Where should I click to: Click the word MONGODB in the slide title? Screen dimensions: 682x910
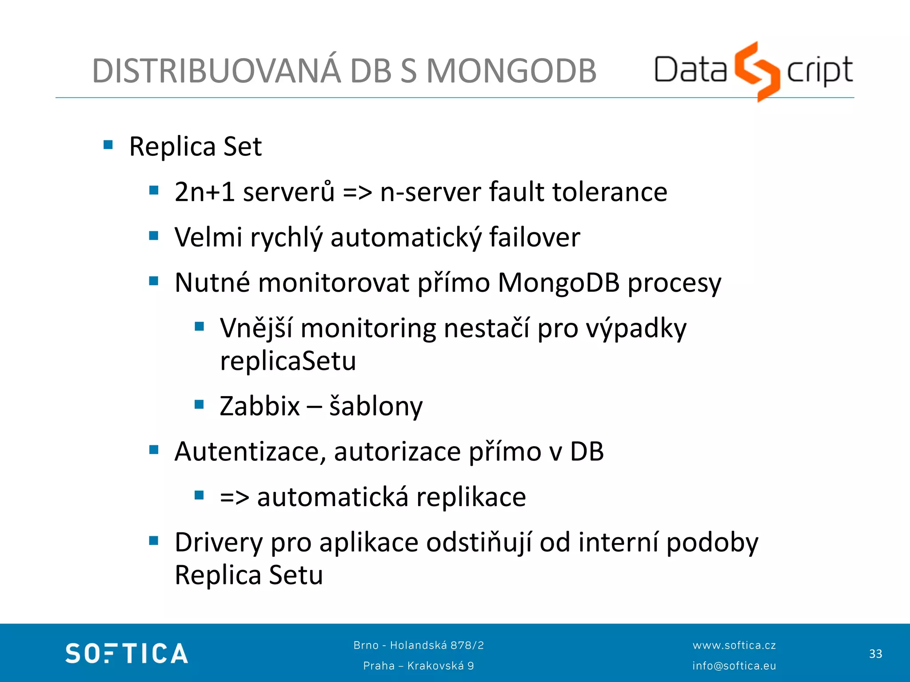click(511, 71)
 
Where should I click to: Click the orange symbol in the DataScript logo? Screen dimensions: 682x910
click(757, 71)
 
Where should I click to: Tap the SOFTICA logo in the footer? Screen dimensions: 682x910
click(127, 653)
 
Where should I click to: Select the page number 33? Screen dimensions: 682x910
click(875, 654)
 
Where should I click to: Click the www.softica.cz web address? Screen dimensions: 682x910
click(734, 645)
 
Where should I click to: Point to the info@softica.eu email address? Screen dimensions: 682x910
click(734, 666)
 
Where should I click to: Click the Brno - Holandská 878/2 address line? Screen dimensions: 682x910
click(419, 645)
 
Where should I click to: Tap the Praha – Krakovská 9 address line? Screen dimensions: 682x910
click(419, 666)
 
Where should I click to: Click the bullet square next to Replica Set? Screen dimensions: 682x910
click(108, 145)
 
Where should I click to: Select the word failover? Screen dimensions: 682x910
click(535, 237)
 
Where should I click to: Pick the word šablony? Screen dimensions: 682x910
click(376, 406)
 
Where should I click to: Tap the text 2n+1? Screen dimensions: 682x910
click(204, 192)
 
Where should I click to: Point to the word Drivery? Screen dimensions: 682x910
click(219, 543)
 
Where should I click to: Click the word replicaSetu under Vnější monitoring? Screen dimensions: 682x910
click(288, 361)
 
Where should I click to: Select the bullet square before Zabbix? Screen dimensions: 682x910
click(199, 404)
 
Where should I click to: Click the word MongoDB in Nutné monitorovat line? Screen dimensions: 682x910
click(559, 282)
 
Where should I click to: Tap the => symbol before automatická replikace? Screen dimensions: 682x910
click(235, 497)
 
